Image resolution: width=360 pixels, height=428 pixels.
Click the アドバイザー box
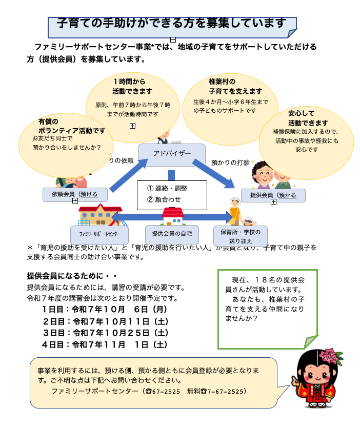[172, 154]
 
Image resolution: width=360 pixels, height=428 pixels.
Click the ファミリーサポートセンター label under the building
[99, 234]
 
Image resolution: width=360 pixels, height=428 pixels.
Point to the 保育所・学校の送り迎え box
[241, 236]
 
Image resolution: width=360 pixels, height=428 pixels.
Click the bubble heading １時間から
[129, 81]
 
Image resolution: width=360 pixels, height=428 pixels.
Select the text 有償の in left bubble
[48, 121]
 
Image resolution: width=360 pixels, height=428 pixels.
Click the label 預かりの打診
[230, 162]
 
